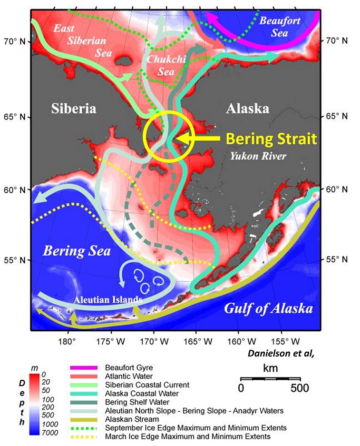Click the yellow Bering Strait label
[271, 139]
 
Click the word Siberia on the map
[74, 108]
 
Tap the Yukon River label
[251, 155]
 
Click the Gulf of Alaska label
[269, 308]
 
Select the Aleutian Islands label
[108, 300]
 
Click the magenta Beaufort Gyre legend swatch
[83, 368]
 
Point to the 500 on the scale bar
[300, 388]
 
